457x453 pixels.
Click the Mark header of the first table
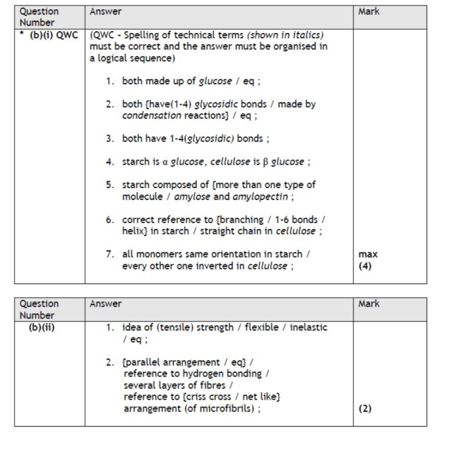point(369,11)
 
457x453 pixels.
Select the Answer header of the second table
point(106,304)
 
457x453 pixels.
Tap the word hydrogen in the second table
point(197,373)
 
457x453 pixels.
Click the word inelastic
point(308,327)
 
